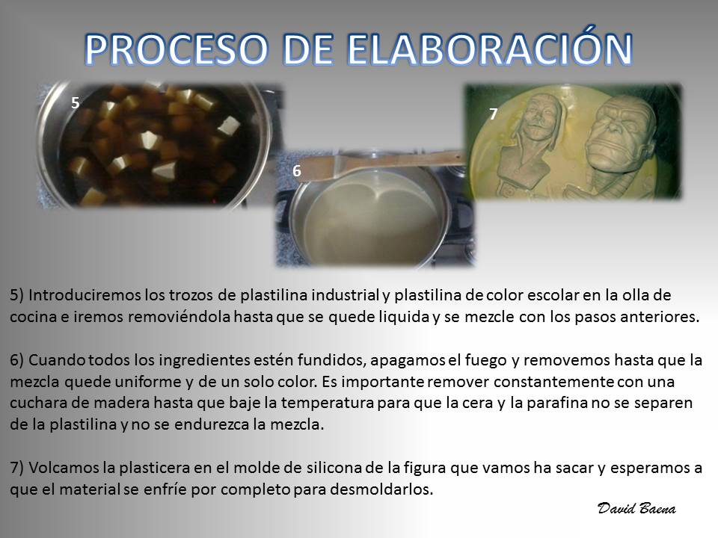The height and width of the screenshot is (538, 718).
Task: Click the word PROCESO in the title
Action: (x=177, y=49)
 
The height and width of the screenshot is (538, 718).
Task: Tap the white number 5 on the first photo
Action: (x=76, y=103)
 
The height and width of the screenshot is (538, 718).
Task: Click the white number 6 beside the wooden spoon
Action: (x=297, y=170)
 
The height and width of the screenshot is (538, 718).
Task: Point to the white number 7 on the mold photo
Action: (x=493, y=114)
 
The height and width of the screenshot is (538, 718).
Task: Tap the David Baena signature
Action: (x=636, y=508)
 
